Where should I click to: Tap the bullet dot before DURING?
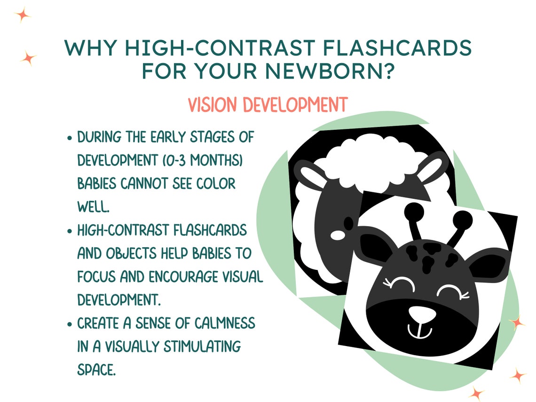(x=70, y=139)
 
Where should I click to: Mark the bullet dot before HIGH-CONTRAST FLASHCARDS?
(x=70, y=231)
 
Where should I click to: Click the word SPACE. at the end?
(x=96, y=370)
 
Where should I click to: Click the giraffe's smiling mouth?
(x=419, y=331)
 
